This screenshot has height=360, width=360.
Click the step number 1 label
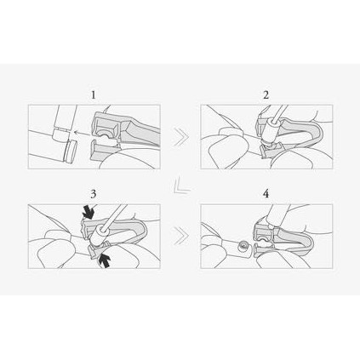tap(94, 95)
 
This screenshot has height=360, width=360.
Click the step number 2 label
tap(266, 95)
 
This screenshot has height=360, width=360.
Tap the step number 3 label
tap(94, 194)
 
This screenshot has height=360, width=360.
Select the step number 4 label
tap(266, 194)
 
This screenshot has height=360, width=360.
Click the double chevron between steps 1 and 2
tap(180, 137)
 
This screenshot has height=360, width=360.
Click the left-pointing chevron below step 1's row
tap(181, 186)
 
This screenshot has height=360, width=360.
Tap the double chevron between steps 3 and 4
tap(180, 235)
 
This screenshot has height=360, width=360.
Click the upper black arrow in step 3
tap(89, 212)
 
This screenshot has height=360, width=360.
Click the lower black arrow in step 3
tap(104, 260)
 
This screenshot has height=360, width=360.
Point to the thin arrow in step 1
tap(82, 132)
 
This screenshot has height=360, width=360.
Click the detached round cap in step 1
tap(70, 150)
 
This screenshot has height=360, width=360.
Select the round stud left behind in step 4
tap(243, 246)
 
